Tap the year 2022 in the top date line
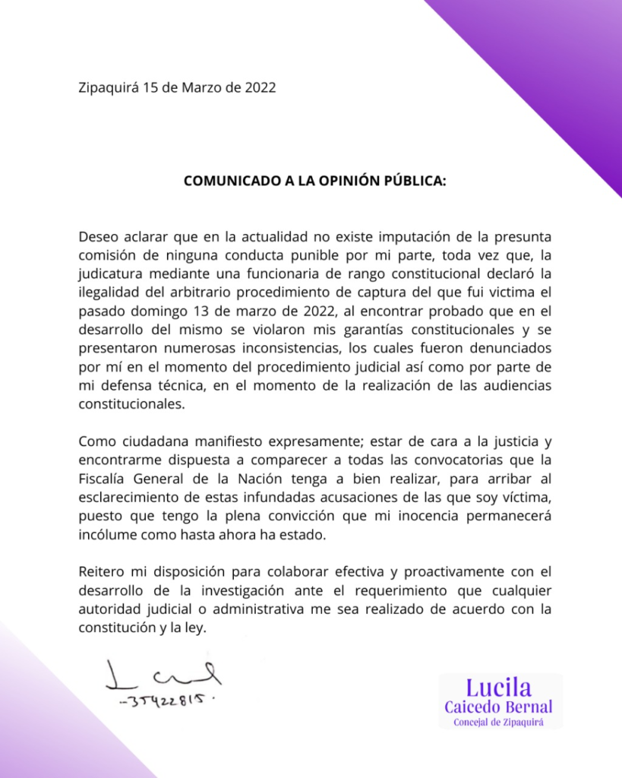point(260,87)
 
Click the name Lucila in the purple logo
point(499,688)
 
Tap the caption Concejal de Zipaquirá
point(499,722)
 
